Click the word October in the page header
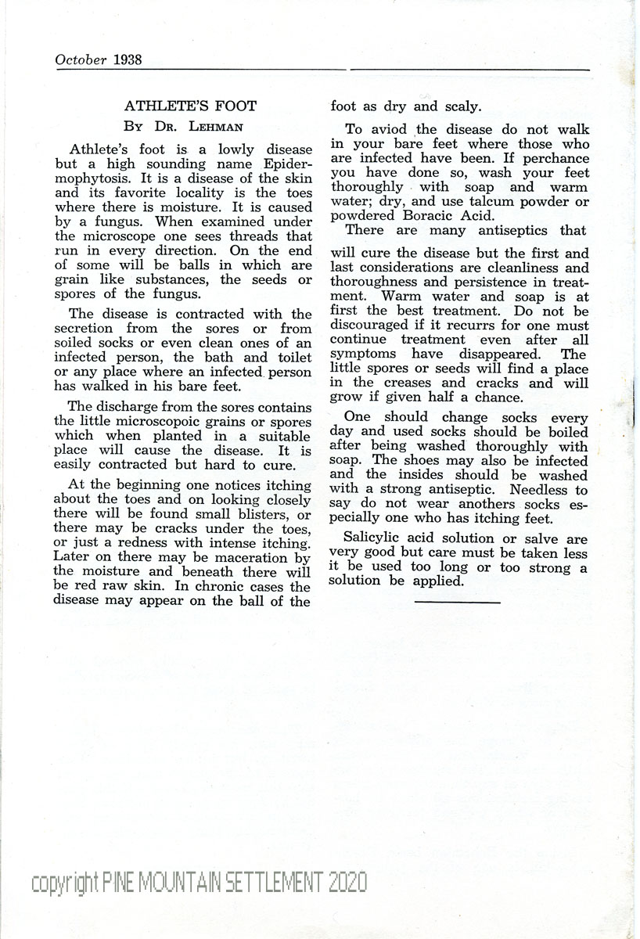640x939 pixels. pos(81,59)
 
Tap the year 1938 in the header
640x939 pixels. pos(127,59)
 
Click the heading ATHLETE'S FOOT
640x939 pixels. pos(191,106)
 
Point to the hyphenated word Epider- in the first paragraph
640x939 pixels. pos(273,164)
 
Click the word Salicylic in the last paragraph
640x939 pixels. pos(376,538)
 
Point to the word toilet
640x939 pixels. pos(290,358)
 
